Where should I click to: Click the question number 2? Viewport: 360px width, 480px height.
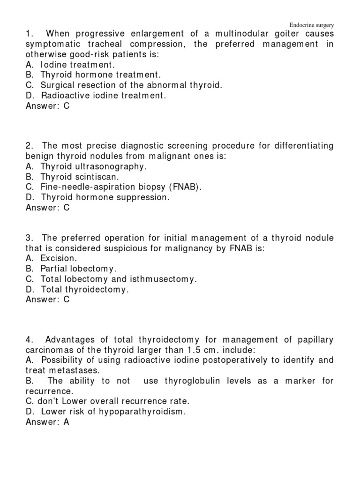[29, 146]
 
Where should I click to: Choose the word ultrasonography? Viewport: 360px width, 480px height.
[107, 167]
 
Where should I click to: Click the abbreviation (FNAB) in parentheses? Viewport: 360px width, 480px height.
[185, 187]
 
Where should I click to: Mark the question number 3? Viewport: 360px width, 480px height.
[29, 238]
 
